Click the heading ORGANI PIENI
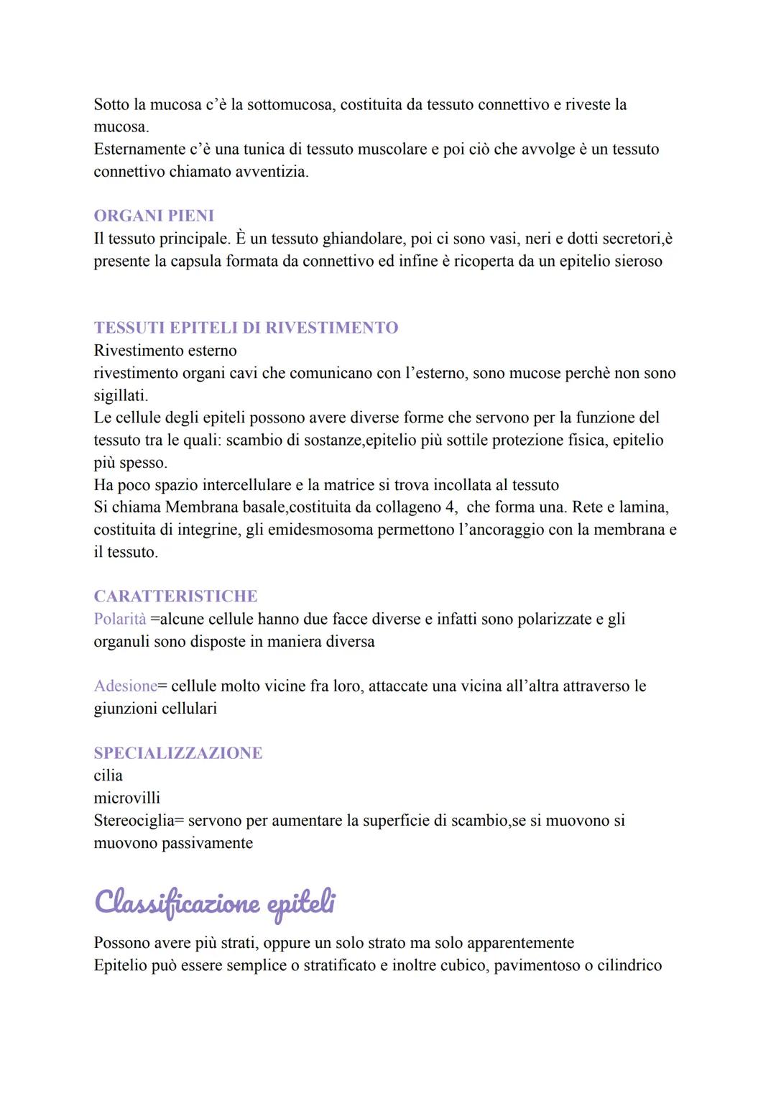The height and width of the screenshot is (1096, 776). [154, 216]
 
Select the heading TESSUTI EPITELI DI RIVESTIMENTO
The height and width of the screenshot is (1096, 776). [246, 328]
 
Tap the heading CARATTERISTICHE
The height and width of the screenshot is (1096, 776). [175, 597]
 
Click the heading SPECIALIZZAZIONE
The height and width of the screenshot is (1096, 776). [178, 753]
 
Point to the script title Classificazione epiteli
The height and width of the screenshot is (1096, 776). [214, 903]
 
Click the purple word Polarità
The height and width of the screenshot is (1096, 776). [120, 619]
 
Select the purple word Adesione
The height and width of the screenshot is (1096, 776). [125, 686]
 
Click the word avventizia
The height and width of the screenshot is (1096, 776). [272, 172]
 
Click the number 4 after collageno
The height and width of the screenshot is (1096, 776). [453, 507]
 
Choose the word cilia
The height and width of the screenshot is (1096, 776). [108, 775]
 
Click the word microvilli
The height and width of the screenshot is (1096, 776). [127, 798]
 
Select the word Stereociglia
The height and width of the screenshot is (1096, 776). [134, 821]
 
